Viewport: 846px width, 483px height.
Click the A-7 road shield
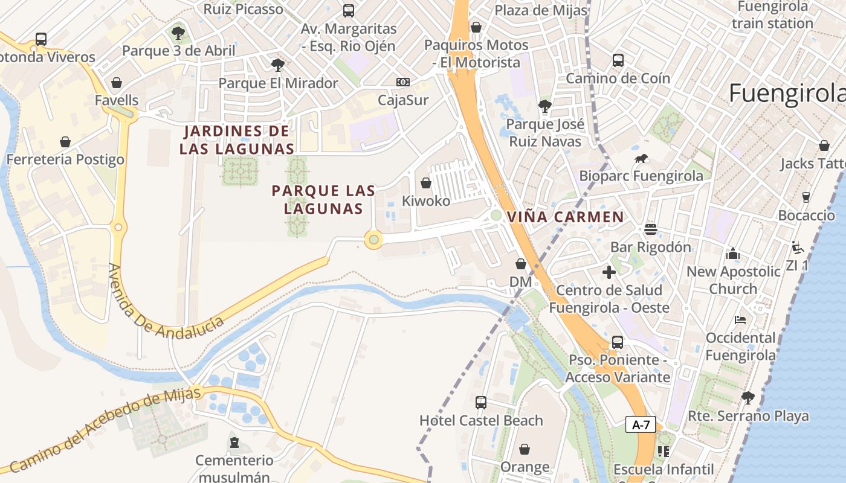tap(641, 424)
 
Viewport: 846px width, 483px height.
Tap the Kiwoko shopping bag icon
tap(426, 183)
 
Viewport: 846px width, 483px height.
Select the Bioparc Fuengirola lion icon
tap(641, 159)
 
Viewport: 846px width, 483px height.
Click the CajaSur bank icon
tap(402, 82)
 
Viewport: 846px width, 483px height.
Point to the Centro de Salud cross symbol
tap(609, 272)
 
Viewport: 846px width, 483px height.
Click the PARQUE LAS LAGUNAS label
tap(323, 200)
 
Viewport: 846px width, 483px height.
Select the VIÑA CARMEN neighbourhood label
tap(566, 217)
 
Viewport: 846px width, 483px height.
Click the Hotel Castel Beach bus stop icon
tap(481, 403)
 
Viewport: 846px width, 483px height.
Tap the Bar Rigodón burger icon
tap(650, 229)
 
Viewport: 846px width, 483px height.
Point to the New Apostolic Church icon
tap(733, 254)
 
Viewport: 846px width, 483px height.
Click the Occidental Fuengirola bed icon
tap(740, 319)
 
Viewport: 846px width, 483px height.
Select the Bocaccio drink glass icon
tap(806, 197)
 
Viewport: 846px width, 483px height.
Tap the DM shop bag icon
tap(520, 264)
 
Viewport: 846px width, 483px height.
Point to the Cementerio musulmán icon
tap(234, 443)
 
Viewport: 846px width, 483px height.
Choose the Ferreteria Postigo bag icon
tap(65, 142)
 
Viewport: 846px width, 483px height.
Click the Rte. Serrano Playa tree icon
tap(748, 398)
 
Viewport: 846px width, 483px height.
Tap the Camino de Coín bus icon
tap(618, 60)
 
